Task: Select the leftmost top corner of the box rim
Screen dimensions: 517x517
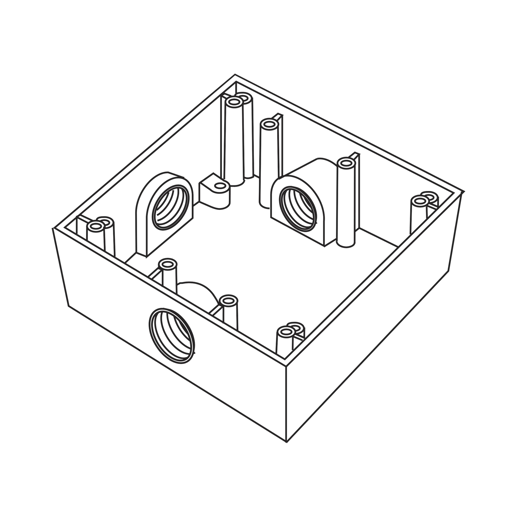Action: point(53,228)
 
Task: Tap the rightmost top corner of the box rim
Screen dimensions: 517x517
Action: point(465,192)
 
